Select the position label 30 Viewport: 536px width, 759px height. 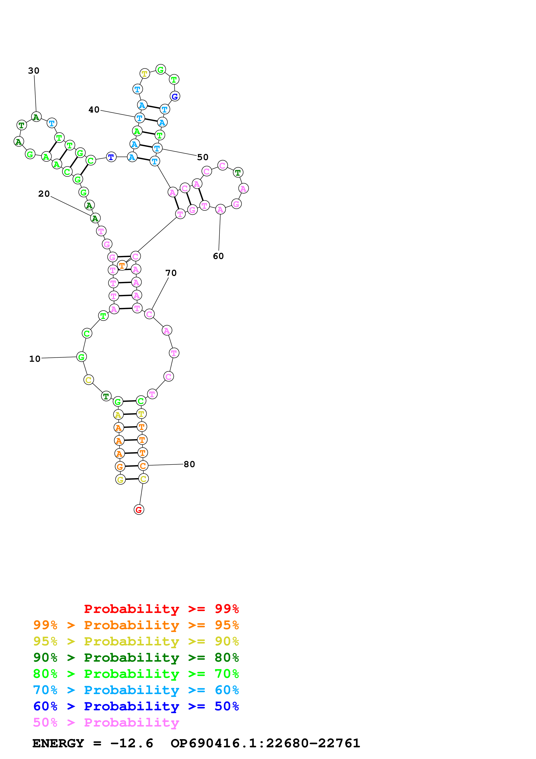[34, 71]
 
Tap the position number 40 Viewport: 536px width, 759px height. [94, 109]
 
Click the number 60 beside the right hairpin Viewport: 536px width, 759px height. [218, 256]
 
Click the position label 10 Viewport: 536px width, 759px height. [35, 359]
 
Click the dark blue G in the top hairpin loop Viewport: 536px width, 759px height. [175, 96]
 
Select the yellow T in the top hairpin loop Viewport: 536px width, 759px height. [145, 74]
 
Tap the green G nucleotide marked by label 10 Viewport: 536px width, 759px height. [81, 357]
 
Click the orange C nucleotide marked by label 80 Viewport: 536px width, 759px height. [143, 466]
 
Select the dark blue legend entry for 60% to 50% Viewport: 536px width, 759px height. [136, 706]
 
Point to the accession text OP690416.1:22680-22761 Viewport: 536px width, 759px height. [265, 743]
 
